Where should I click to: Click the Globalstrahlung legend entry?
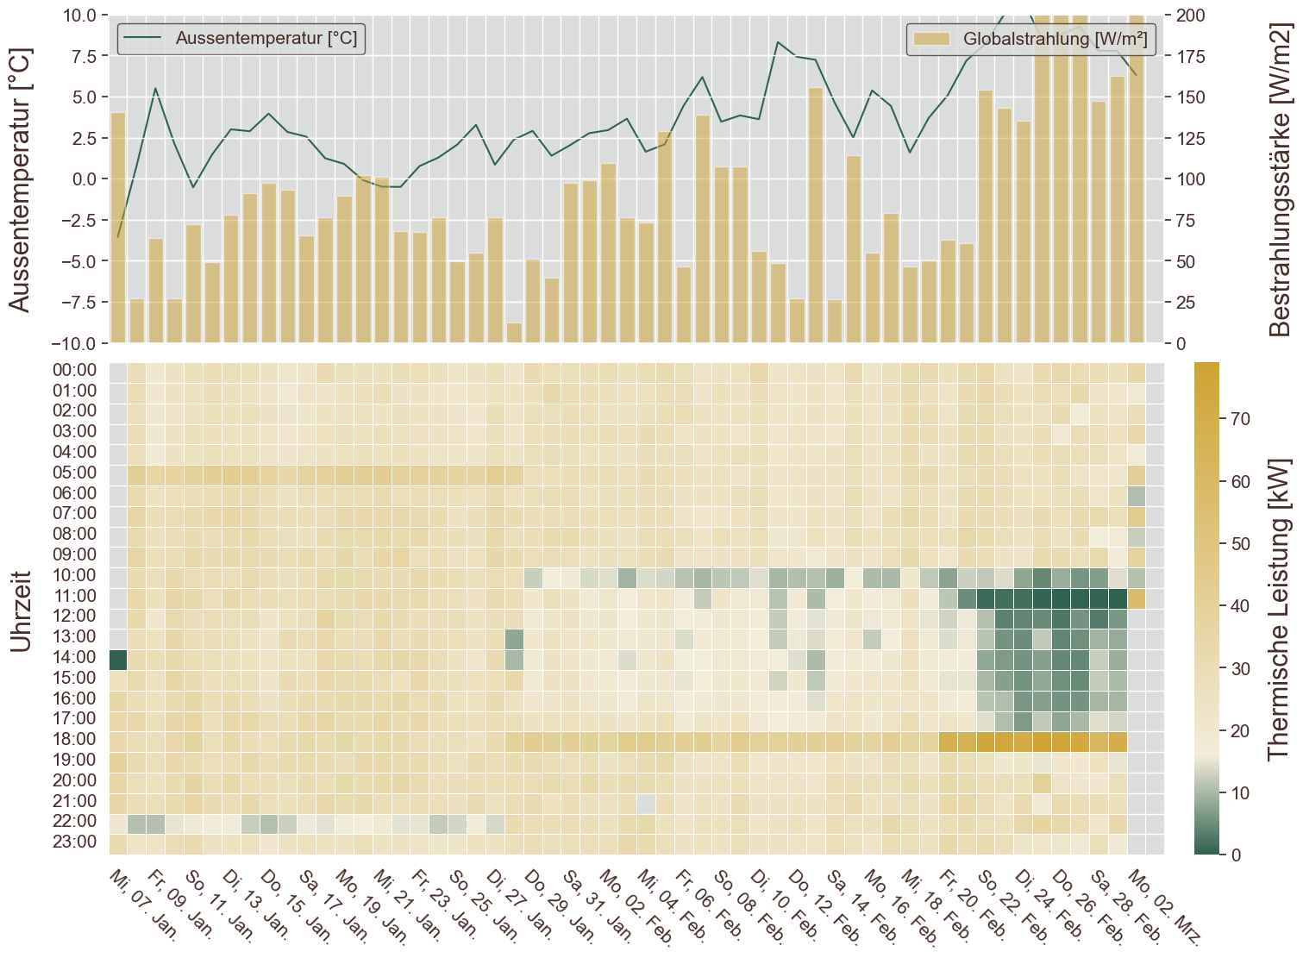pos(1031,39)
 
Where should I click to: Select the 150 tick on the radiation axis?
pos(1191,97)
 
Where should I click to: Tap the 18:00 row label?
pos(74,739)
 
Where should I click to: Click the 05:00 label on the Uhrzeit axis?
pos(74,473)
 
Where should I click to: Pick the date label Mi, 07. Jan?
pos(143,905)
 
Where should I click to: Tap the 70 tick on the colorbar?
pos(1240,419)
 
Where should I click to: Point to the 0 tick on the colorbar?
pos(1236,855)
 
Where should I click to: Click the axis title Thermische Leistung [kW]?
pos(1280,609)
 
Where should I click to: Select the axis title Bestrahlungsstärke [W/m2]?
pos(1281,179)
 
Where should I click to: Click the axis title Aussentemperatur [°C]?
pos(19,179)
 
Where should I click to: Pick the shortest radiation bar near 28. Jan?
pos(514,333)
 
